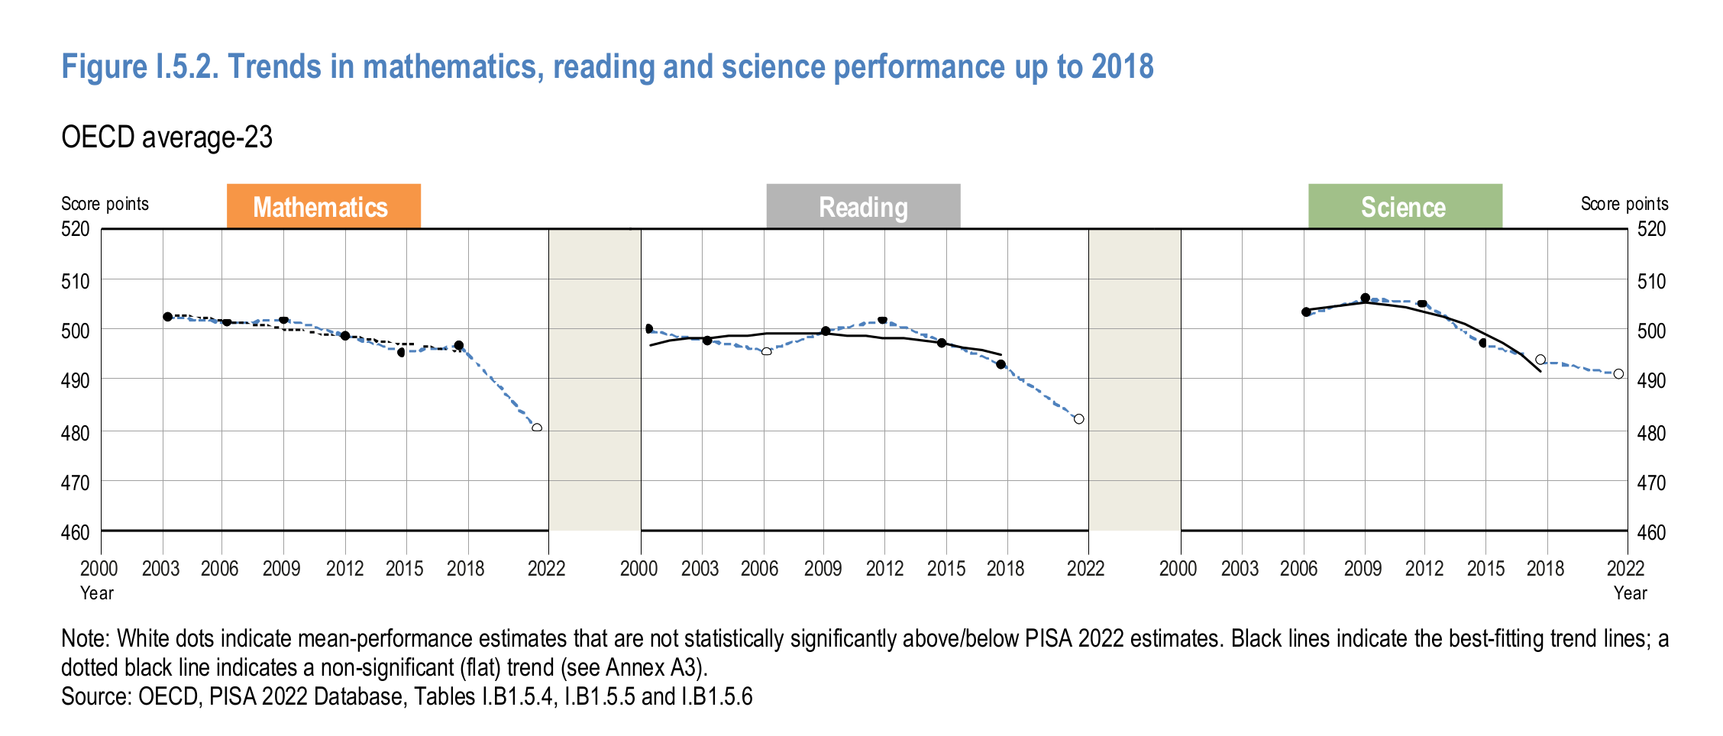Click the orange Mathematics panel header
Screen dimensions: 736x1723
(x=323, y=206)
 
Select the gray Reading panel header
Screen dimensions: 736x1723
(x=863, y=206)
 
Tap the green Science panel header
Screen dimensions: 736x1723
(x=1405, y=206)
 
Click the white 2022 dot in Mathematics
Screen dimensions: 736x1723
(x=537, y=428)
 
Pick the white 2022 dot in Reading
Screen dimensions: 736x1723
(x=1078, y=419)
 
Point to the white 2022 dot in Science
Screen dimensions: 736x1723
(x=1618, y=374)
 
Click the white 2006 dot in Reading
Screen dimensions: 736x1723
(x=767, y=351)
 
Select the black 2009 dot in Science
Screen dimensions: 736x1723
(x=1366, y=298)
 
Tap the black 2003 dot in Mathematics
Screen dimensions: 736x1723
(x=167, y=316)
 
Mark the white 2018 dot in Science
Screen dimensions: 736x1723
(x=1540, y=360)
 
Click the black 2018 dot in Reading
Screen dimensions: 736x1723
(x=1001, y=364)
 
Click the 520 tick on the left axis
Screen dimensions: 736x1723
(x=75, y=229)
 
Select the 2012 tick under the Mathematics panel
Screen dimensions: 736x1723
(x=344, y=569)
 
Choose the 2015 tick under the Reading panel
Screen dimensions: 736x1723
(x=946, y=569)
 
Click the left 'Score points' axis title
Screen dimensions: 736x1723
(x=105, y=204)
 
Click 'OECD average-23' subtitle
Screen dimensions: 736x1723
(x=166, y=137)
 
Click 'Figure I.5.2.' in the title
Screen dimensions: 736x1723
(x=141, y=67)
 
